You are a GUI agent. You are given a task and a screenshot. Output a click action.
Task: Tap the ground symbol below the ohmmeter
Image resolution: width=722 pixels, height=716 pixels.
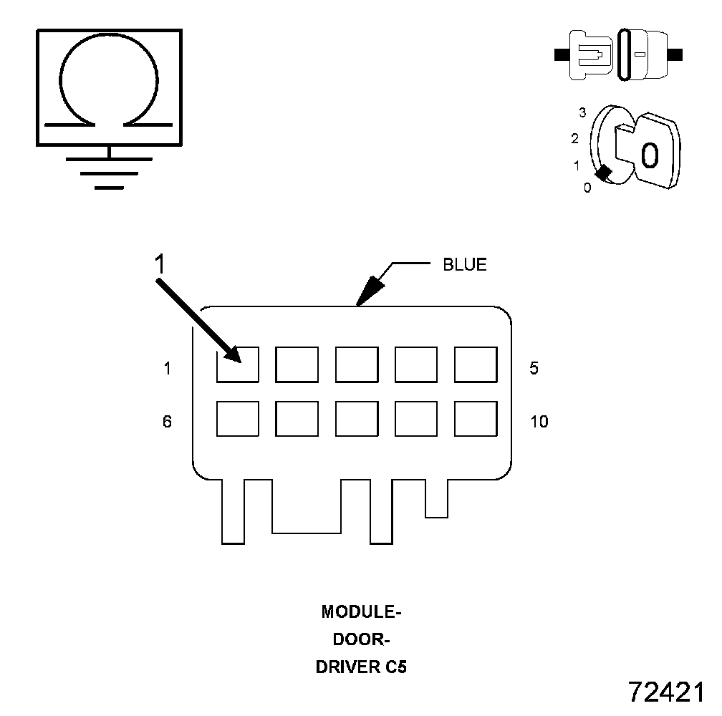tap(109, 172)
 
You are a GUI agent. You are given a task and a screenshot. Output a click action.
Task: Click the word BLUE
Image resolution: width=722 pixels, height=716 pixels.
tap(464, 265)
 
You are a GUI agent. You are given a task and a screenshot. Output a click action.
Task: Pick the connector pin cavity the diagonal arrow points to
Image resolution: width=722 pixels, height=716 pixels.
tap(238, 364)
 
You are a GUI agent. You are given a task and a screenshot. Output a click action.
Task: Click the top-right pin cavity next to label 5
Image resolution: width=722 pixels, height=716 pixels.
tap(476, 364)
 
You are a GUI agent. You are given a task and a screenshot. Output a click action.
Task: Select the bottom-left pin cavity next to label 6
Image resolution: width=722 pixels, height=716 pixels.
tap(238, 419)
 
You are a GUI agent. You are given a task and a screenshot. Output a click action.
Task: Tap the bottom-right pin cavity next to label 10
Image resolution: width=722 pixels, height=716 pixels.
tap(476, 419)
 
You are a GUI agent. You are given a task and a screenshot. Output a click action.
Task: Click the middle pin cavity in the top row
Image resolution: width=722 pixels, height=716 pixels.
tap(357, 364)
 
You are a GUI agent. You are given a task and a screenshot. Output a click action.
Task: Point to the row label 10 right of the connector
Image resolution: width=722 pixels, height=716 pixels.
tap(539, 422)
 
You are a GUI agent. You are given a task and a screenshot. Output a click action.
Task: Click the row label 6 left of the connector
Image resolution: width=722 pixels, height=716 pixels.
tap(167, 422)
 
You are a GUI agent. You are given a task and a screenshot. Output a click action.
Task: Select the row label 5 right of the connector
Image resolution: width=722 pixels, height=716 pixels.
tap(534, 368)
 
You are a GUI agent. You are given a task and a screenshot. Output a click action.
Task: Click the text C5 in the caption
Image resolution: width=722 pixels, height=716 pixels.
tap(393, 667)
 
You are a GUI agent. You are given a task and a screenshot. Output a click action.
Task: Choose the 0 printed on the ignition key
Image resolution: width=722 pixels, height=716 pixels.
tap(649, 155)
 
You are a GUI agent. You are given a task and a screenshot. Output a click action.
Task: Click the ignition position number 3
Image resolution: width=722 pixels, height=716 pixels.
tap(583, 112)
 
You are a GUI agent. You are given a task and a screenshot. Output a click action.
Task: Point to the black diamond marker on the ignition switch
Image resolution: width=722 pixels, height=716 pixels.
tap(604, 173)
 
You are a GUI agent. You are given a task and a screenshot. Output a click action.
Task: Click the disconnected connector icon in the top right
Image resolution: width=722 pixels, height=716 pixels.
tap(619, 54)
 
